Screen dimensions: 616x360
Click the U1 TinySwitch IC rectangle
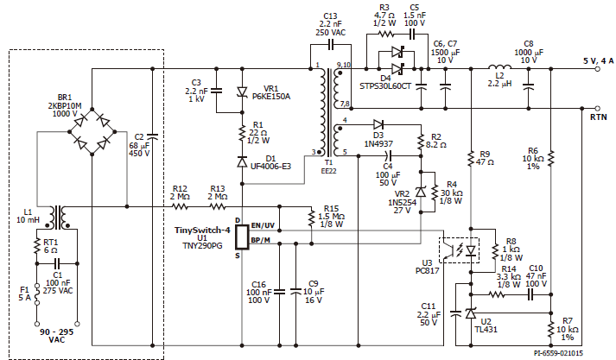[x=242, y=237]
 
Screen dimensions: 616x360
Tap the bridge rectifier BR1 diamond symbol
[x=92, y=131]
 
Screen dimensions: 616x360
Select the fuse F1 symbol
[x=37, y=294]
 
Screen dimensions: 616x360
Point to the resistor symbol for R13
[x=217, y=206]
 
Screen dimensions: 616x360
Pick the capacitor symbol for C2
[x=152, y=136]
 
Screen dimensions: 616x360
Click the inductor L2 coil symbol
[x=499, y=67]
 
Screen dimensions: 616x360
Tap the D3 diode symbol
[x=378, y=125]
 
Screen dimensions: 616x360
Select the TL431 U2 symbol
[x=471, y=313]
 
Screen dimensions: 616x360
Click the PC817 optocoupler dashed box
[x=459, y=250]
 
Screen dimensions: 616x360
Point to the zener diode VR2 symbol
[x=421, y=192]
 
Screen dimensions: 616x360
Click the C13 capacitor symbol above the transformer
[x=330, y=45]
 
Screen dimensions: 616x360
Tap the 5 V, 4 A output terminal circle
[x=598, y=69]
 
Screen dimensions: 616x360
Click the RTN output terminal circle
[x=598, y=109]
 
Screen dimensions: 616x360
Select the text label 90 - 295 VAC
[x=56, y=336]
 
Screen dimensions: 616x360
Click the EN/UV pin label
[x=263, y=225]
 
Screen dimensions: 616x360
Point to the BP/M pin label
[x=260, y=240]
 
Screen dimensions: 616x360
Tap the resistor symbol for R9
[x=471, y=159]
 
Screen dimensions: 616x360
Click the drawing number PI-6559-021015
[x=558, y=353]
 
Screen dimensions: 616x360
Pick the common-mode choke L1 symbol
[x=57, y=217]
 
